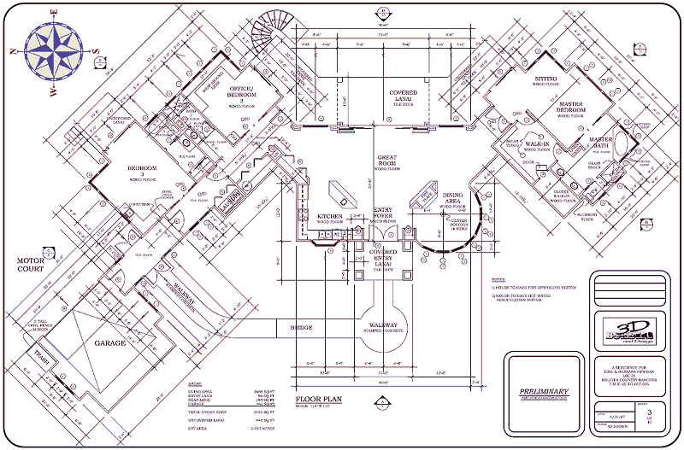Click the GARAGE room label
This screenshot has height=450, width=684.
(x=109, y=342)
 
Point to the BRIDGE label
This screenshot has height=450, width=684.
(x=301, y=327)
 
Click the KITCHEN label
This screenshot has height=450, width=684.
(x=330, y=217)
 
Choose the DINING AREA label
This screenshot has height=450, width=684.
(x=452, y=198)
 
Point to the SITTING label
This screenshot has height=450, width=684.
(x=545, y=79)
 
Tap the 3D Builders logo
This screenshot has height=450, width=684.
(x=628, y=330)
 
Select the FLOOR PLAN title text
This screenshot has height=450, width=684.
(x=321, y=399)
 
